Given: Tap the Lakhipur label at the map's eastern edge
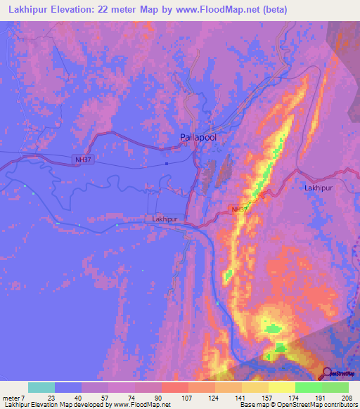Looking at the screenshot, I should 317,188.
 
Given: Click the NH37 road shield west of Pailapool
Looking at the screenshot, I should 82,160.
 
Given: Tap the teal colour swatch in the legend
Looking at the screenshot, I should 41,387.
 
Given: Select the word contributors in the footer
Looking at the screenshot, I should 340,405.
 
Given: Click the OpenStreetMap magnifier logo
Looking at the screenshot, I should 328,373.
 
